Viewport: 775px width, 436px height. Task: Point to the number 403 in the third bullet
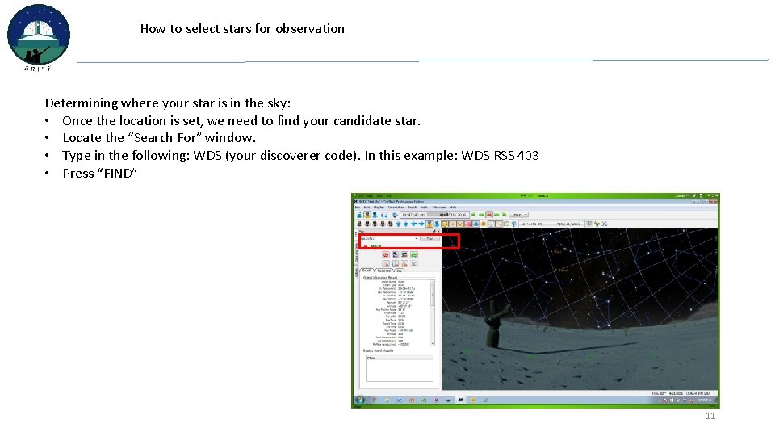tap(528, 156)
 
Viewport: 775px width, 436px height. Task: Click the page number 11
tap(710, 416)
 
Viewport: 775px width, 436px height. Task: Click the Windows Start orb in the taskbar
tap(358, 400)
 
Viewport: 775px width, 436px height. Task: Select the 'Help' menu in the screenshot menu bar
tap(454, 208)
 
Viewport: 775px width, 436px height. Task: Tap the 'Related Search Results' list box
tap(399, 367)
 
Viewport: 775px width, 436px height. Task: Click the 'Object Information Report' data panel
tap(397, 311)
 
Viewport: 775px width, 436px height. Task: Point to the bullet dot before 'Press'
tap(49, 174)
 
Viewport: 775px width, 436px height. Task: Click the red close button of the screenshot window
tap(715, 197)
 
